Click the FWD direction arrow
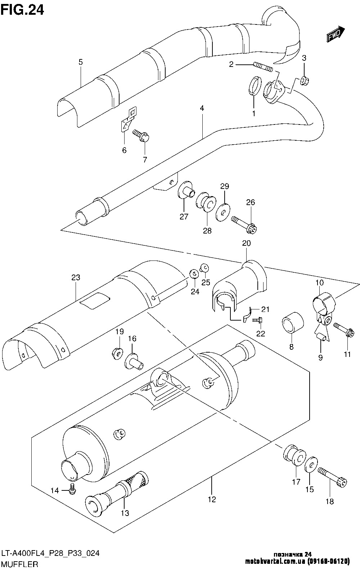[x=335, y=34]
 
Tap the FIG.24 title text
[x=22, y=10]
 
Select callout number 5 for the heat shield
[x=81, y=62]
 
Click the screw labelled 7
[x=141, y=136]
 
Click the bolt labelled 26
[x=244, y=224]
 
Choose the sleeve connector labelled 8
[x=293, y=322]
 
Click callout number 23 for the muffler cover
[x=76, y=277]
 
